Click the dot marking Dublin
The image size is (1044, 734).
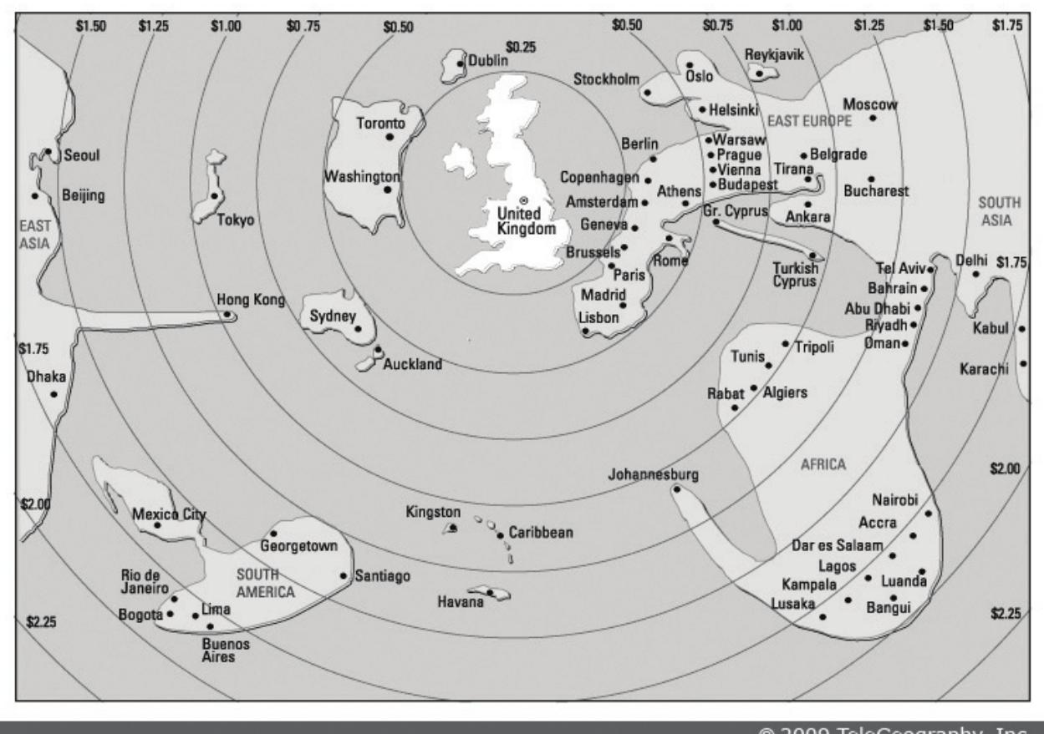click(460, 63)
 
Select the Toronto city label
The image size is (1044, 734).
click(380, 124)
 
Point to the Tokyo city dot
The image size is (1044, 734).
click(215, 196)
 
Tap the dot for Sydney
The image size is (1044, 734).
click(359, 328)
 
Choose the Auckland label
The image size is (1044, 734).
click(412, 365)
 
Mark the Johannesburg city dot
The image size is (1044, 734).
click(675, 488)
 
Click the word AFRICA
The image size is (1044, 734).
click(823, 464)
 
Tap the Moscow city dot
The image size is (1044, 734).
click(873, 119)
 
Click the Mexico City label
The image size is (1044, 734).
click(169, 514)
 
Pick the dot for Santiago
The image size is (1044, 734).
click(344, 575)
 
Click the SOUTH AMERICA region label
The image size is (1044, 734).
click(266, 584)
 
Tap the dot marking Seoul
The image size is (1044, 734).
click(48, 151)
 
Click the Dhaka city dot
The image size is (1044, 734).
click(54, 394)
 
